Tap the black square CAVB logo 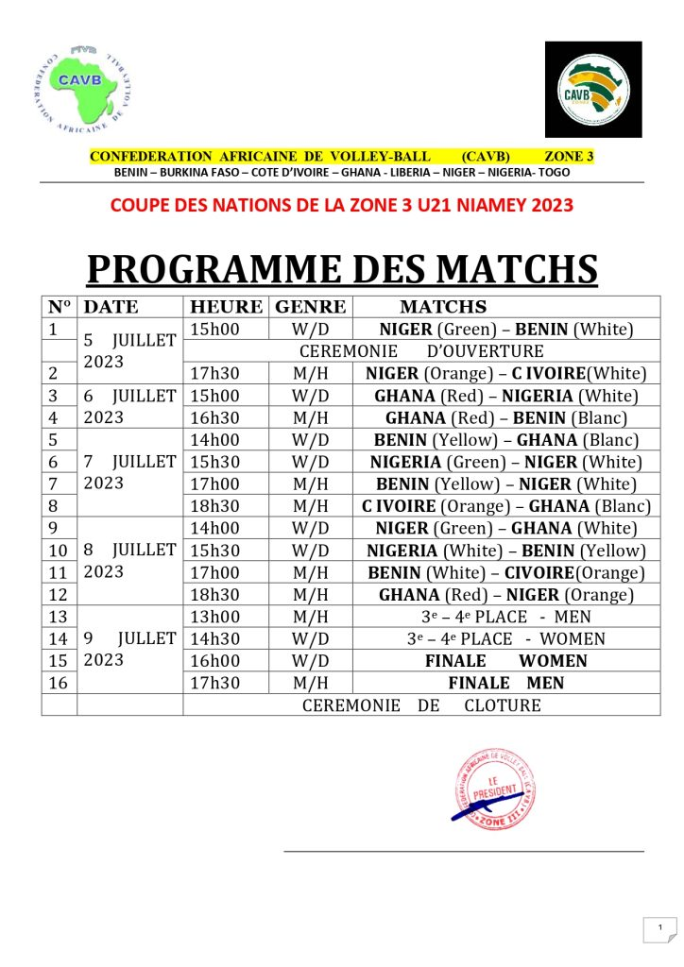592,89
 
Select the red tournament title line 342,204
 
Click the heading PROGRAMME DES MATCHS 342,268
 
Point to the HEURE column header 226,307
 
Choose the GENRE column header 310,307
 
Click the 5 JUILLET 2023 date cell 128,350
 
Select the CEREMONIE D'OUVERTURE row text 421,351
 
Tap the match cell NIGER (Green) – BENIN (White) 505,330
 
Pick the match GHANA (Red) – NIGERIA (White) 505,396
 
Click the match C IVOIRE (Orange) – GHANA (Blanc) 505,505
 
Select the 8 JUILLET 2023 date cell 128,560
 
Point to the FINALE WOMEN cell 505,661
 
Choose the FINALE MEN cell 505,683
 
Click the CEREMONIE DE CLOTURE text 421,704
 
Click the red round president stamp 497,791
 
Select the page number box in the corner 660,929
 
